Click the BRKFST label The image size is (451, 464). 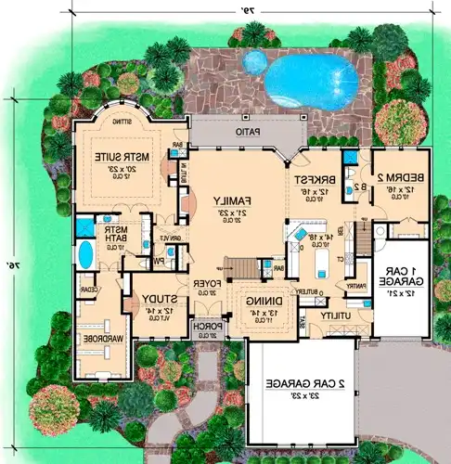(x=309, y=181)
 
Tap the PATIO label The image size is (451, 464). (x=245, y=133)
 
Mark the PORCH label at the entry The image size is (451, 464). (x=203, y=327)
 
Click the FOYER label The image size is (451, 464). (x=205, y=282)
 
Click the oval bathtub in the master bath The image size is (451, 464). (x=85, y=253)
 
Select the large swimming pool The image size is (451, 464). (x=313, y=82)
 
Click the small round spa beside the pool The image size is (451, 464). (x=251, y=62)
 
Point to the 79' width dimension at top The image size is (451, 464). (x=251, y=9)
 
